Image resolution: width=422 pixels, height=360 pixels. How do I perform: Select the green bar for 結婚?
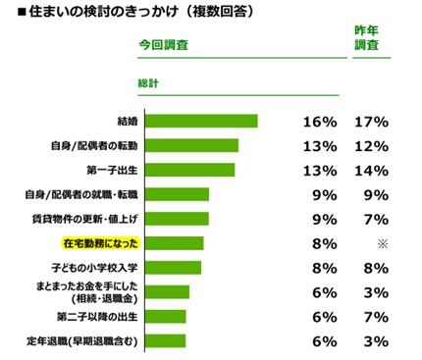coord(203,122)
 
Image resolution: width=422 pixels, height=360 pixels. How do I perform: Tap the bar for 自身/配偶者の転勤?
coord(193,146)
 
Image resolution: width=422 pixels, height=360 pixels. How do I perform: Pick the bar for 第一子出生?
coord(191,170)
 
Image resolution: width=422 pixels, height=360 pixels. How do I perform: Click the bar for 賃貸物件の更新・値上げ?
coord(179,219)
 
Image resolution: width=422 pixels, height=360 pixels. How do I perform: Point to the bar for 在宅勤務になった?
coord(177,243)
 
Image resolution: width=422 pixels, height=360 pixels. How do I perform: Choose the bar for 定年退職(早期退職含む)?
coord(167,341)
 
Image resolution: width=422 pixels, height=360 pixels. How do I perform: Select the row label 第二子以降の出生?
coord(99,317)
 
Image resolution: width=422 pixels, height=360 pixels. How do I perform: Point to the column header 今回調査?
coord(164,45)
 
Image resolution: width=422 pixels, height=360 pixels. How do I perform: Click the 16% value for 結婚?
coord(320,122)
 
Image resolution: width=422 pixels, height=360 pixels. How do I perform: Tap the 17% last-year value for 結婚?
coord(373,122)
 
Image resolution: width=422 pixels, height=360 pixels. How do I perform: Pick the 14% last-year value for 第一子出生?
coord(373,170)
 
